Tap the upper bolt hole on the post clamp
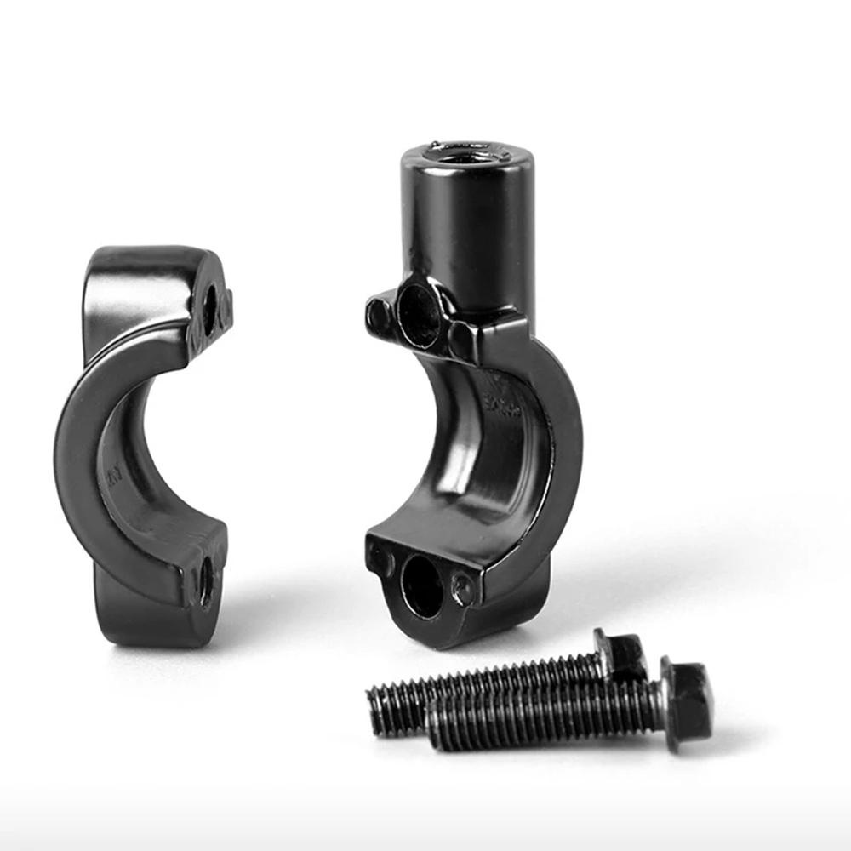[x=420, y=316]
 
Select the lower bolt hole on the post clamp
[x=422, y=587]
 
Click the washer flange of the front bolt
[x=666, y=707]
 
